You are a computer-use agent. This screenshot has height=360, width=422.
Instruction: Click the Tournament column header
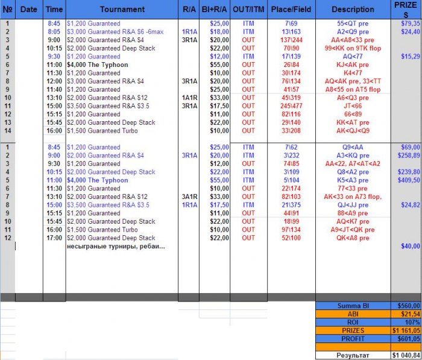[122, 9]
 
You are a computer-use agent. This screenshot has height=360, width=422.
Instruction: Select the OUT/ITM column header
[249, 9]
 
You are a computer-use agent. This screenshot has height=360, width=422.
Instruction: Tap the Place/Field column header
[291, 9]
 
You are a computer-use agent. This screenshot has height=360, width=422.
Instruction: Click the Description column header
[353, 9]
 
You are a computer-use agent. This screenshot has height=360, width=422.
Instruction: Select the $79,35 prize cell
[408, 23]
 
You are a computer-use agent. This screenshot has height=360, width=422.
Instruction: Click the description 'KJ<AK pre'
[353, 65]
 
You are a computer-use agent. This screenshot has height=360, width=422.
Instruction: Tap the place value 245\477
[291, 106]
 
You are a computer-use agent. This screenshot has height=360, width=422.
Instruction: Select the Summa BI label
[353, 306]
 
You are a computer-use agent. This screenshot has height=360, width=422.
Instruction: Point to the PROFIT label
[353, 339]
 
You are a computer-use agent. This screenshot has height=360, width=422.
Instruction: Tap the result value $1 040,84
[405, 355]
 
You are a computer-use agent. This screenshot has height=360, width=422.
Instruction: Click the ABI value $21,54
[405, 314]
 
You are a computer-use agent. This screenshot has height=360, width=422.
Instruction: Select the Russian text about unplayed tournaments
[116, 246]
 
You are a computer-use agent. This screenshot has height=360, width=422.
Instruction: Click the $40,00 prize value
[408, 246]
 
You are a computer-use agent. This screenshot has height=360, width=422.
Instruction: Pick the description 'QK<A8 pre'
[353, 238]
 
